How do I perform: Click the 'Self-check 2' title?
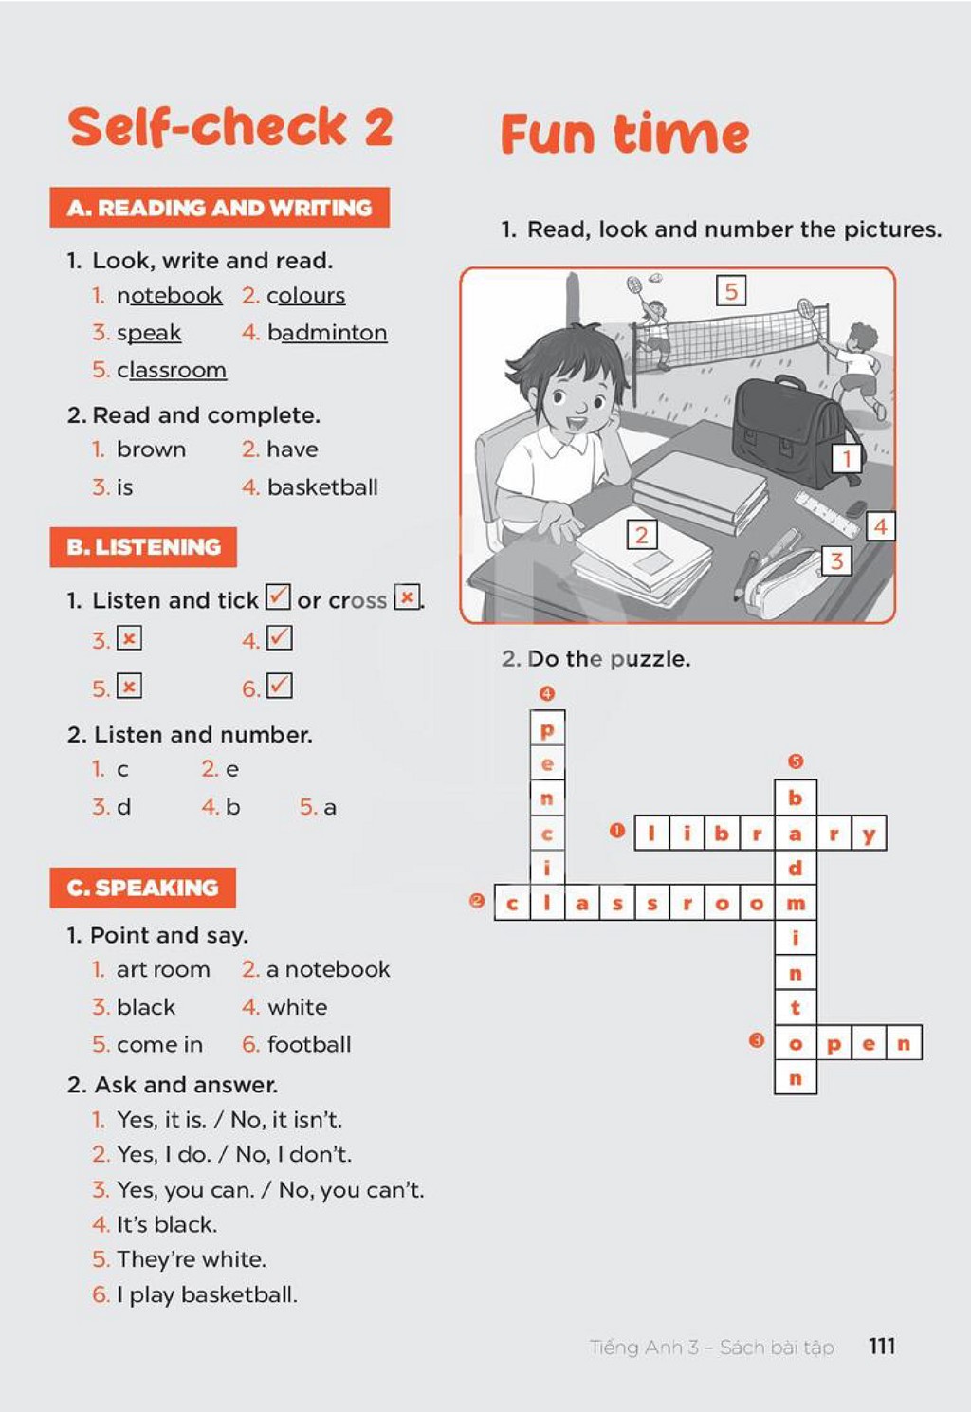tap(230, 126)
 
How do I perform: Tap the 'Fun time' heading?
tap(625, 134)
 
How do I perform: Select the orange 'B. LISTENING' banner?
tap(143, 546)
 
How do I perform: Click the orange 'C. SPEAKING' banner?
tap(142, 888)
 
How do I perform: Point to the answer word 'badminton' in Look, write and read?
tap(326, 332)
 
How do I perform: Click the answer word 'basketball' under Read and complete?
tap(322, 487)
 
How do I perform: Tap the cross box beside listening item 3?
tap(129, 638)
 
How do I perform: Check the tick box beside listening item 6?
tap(279, 686)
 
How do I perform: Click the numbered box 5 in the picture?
tap(731, 290)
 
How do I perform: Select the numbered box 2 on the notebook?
tap(642, 535)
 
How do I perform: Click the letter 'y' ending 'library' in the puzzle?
tap(869, 834)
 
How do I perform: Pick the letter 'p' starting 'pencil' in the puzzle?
tap(546, 729)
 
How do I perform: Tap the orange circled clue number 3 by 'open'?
tap(757, 1040)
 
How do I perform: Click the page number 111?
tap(882, 1346)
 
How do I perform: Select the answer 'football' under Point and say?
tap(309, 1044)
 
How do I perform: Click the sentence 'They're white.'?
tap(192, 1259)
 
